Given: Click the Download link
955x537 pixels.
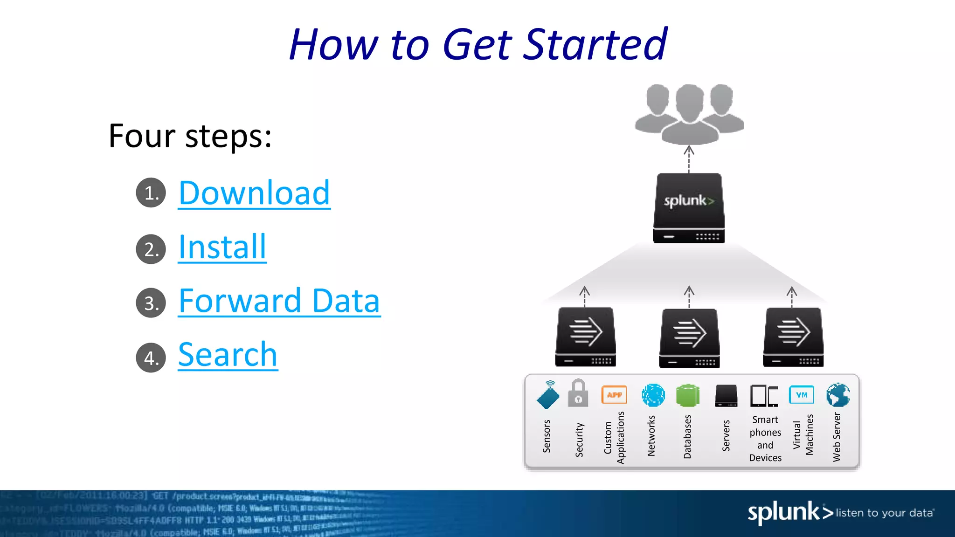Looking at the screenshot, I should [x=254, y=193].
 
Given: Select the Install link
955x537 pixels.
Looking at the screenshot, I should [x=222, y=247].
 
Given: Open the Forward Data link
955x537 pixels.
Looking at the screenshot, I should [x=279, y=301].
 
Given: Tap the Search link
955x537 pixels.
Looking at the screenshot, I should [x=228, y=355].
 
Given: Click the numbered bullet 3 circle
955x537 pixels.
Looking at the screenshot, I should [x=151, y=303].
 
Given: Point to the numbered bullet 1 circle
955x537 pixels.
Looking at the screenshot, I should [x=151, y=193].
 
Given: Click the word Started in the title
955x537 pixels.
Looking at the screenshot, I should [x=595, y=45].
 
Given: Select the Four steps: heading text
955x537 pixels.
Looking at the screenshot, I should [x=190, y=136].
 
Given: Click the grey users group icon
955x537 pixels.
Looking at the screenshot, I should [x=689, y=114].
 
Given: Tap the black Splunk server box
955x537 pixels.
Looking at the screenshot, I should [x=689, y=208].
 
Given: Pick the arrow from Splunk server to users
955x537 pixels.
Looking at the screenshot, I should [x=689, y=159].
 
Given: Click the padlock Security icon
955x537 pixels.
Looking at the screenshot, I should [x=578, y=393].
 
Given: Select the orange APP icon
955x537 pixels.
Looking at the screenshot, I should [x=614, y=395].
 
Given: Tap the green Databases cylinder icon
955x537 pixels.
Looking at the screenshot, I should [x=687, y=395].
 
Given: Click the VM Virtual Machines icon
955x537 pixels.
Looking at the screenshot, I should [x=801, y=395].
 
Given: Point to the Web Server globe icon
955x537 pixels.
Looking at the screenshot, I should [x=837, y=395].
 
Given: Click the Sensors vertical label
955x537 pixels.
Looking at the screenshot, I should [x=547, y=436].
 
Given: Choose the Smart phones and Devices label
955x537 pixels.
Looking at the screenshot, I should [x=765, y=439].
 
